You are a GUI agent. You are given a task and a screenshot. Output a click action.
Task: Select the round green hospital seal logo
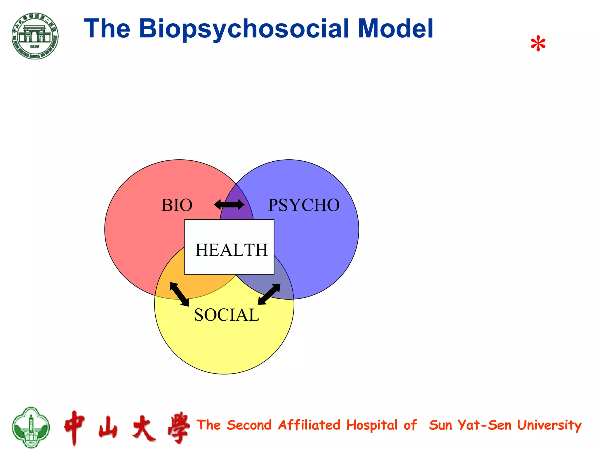click(35, 36)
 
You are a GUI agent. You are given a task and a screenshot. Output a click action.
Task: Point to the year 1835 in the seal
click(34, 46)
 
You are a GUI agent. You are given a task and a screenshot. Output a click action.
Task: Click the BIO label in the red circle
click(177, 205)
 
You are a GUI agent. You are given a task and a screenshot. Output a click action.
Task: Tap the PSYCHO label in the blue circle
click(304, 205)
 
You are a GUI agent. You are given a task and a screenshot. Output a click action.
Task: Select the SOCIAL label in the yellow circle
click(227, 315)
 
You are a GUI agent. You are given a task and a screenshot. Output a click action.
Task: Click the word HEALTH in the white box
click(231, 250)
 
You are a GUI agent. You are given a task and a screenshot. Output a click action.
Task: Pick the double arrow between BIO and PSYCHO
click(229, 205)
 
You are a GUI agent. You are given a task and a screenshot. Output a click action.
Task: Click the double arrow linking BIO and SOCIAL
click(179, 294)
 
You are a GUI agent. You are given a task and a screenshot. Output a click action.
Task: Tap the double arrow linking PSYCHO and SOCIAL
click(269, 294)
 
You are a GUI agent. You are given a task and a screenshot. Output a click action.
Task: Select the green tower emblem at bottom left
click(31, 427)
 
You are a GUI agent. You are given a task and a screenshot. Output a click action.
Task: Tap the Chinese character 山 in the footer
click(108, 427)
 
